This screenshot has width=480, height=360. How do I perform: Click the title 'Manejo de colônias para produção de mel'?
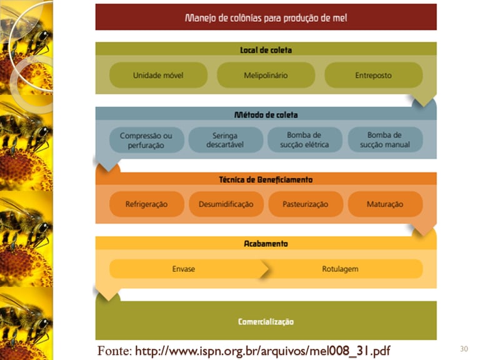click(x=266, y=17)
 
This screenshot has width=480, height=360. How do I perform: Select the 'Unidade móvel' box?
click(x=158, y=75)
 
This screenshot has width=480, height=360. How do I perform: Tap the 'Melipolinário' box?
click(x=266, y=75)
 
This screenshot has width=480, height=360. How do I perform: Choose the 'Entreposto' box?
click(x=373, y=75)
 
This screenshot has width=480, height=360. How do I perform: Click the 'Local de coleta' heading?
click(x=266, y=49)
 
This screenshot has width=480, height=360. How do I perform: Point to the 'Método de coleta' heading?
click(x=266, y=114)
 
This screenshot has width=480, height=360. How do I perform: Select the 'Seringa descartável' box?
click(x=225, y=140)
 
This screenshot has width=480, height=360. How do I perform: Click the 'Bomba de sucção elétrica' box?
click(x=305, y=140)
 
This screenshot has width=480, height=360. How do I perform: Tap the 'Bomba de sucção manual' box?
click(x=385, y=140)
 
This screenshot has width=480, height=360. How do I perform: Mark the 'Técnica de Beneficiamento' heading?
click(x=266, y=179)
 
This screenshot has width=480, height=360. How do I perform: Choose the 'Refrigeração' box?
click(x=147, y=204)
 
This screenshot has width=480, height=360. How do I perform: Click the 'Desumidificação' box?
click(x=226, y=204)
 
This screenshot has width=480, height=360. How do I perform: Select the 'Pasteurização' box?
click(x=306, y=204)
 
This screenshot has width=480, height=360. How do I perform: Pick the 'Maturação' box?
click(x=385, y=204)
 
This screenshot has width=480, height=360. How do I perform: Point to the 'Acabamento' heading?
click(x=266, y=244)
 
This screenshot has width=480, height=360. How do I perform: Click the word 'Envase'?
click(x=184, y=269)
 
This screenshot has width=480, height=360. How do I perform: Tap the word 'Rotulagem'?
click(x=340, y=269)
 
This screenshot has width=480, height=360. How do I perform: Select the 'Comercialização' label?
click(x=266, y=322)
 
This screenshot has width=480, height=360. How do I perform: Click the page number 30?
click(x=463, y=349)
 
